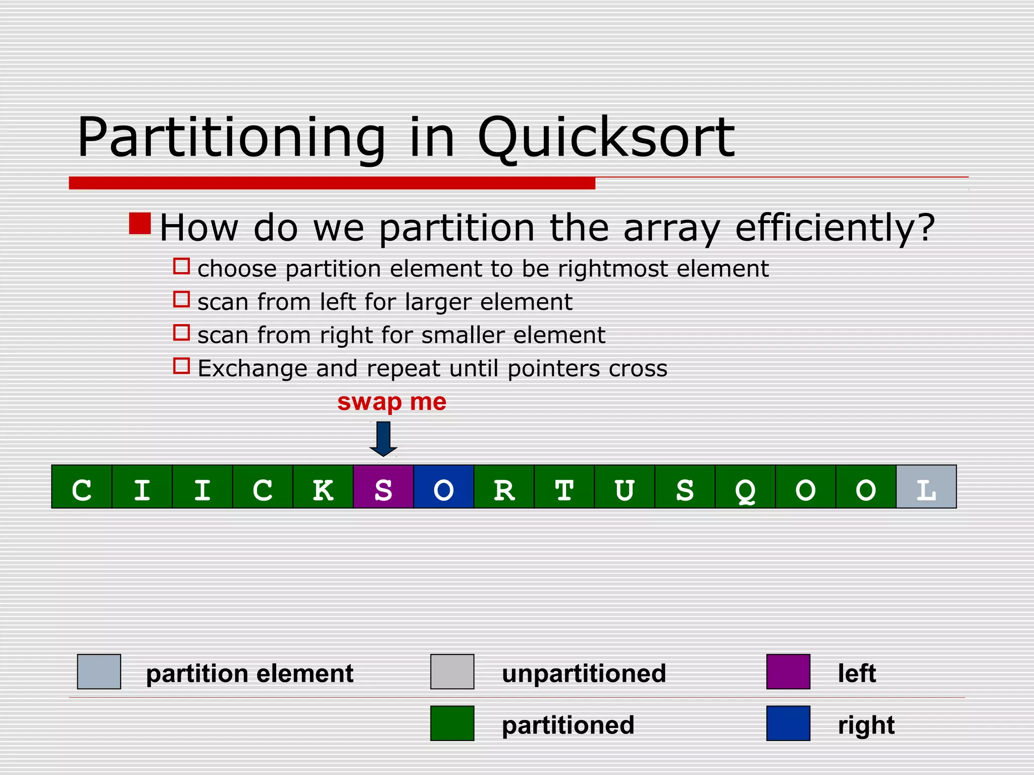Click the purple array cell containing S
pos(383,486)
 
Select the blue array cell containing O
pos(443,486)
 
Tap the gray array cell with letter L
pos(926,486)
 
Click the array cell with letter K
pos(323,486)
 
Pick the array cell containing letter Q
pos(745,486)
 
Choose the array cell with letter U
pos(625,486)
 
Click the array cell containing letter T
pos(564,486)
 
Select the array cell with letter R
pos(504,486)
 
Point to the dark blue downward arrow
pos(383,438)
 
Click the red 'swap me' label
pos(392,402)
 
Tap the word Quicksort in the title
pos(605,137)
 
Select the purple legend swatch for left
pos(788,672)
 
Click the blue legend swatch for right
pos(788,723)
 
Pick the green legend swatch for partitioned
pos(452,723)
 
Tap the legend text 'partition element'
pos(249,674)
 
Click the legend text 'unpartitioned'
pos(584,674)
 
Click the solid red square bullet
pos(140,224)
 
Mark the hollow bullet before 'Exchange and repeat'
pos(181,366)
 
